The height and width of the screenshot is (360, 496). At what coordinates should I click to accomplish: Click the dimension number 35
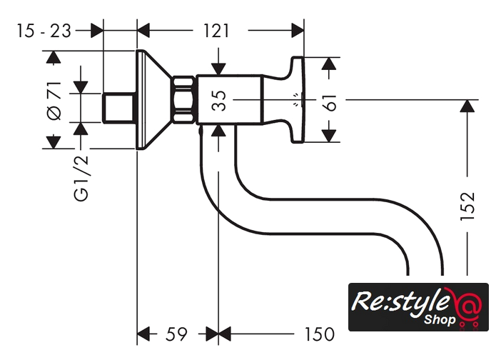219,101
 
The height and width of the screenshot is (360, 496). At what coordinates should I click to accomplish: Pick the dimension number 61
329,101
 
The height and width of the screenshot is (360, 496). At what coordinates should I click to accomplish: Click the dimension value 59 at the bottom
176,334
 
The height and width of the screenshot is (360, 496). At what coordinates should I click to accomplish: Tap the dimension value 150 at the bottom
318,334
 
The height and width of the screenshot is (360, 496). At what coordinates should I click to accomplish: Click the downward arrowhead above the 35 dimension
219,66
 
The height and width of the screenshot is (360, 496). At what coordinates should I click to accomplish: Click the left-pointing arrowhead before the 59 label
144,334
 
